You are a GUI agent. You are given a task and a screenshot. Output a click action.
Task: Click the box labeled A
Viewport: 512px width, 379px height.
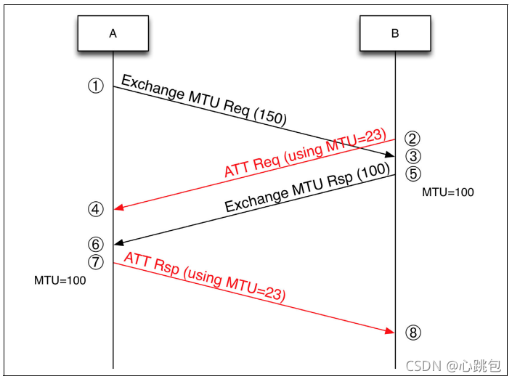[x=113, y=33]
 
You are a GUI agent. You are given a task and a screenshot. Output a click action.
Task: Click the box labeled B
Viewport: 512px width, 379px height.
[x=395, y=33]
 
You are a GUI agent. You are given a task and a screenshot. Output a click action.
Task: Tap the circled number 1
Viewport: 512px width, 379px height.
[x=96, y=86]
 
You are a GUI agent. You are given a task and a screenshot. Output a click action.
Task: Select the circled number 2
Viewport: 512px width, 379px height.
[x=413, y=138]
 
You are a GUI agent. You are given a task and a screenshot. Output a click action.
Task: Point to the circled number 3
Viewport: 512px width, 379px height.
[x=413, y=155]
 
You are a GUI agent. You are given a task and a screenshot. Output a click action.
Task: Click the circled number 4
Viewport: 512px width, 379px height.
[x=96, y=209]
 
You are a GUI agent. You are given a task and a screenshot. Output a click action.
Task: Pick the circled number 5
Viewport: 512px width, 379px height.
[x=413, y=174]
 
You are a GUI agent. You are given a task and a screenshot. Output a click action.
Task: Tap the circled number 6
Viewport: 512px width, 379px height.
[x=96, y=243]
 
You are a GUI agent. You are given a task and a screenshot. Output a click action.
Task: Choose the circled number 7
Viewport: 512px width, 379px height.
[x=96, y=261]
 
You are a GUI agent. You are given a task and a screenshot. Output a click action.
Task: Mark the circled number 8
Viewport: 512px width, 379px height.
[x=413, y=333]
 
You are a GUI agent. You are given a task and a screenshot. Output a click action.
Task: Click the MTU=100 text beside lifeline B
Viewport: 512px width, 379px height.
[x=448, y=193]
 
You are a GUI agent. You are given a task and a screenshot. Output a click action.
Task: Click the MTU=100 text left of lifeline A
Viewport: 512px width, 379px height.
[x=60, y=280]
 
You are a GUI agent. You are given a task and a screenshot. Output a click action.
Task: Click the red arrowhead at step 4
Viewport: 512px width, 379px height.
[x=118, y=208]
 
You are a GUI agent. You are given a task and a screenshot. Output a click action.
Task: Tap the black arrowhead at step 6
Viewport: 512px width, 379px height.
[x=118, y=243]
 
